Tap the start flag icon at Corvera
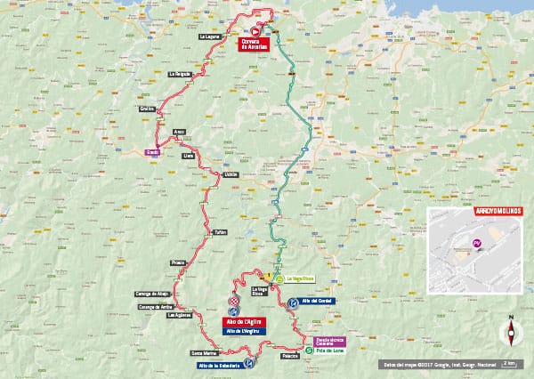pyautogui.click(x=254, y=29)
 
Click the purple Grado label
pyautogui.click(x=150, y=150)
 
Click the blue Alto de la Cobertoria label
pyautogui.click(x=221, y=365)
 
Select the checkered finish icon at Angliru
pyautogui.click(x=234, y=302)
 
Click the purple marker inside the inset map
pyautogui.click(x=477, y=242)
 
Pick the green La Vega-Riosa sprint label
pyautogui.click(x=299, y=278)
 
